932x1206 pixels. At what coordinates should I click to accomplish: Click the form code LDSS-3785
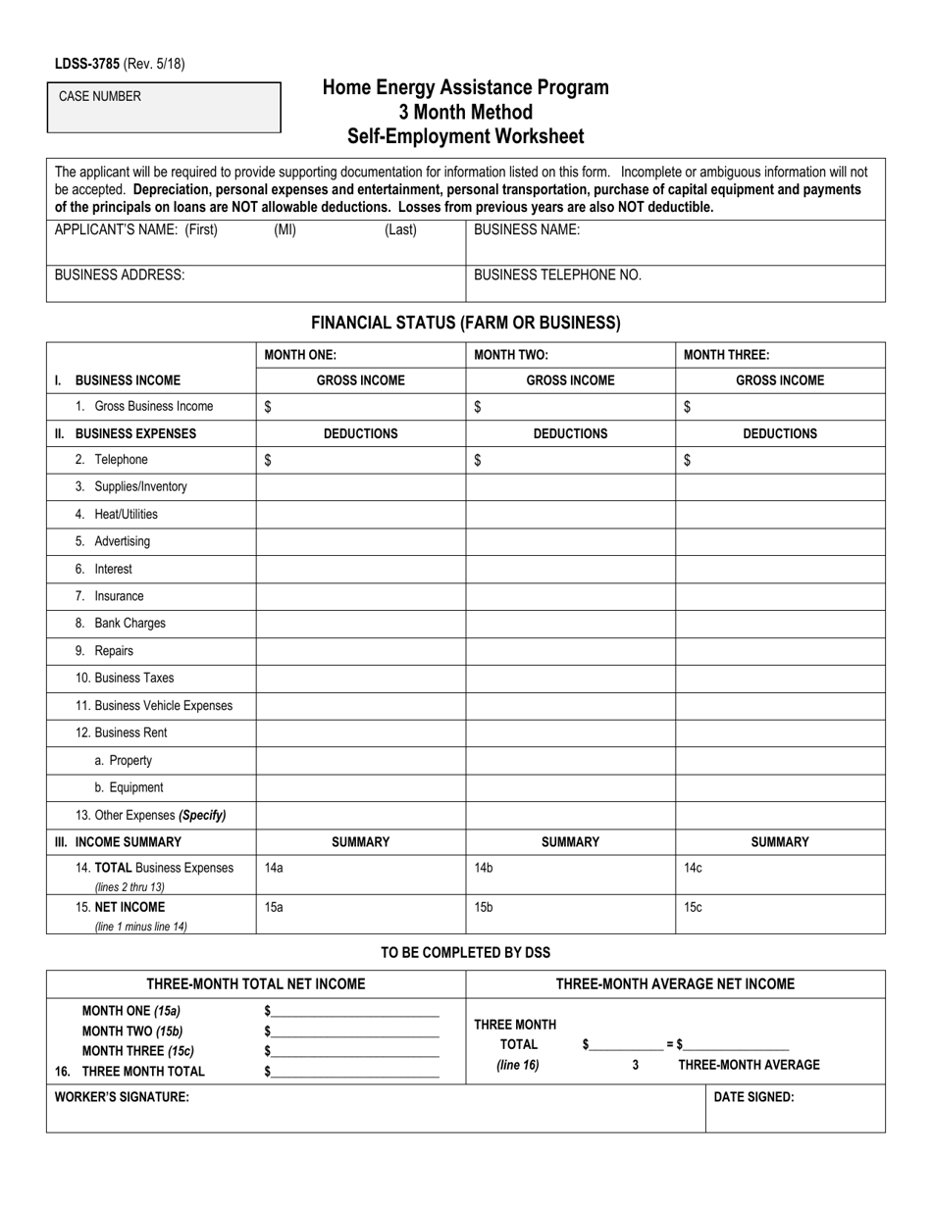tap(87, 65)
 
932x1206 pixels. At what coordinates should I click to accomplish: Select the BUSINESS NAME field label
tap(527, 230)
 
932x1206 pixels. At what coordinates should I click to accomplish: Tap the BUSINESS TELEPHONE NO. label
tap(557, 276)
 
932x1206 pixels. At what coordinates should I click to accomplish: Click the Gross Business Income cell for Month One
tap(360, 407)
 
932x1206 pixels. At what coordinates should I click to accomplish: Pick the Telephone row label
tap(112, 460)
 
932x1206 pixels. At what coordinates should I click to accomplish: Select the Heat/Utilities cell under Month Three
tap(780, 514)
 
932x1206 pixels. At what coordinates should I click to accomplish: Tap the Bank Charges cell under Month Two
tap(570, 624)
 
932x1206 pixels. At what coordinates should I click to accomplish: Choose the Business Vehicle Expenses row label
tap(154, 705)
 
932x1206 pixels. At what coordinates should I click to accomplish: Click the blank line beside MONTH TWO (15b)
tap(354, 1030)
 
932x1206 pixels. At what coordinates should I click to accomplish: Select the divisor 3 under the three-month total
tap(636, 1065)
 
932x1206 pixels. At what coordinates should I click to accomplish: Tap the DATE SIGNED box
tap(795, 1108)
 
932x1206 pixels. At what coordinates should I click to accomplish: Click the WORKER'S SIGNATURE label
tap(122, 1097)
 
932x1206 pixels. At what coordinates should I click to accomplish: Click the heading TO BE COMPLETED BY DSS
tap(465, 952)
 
